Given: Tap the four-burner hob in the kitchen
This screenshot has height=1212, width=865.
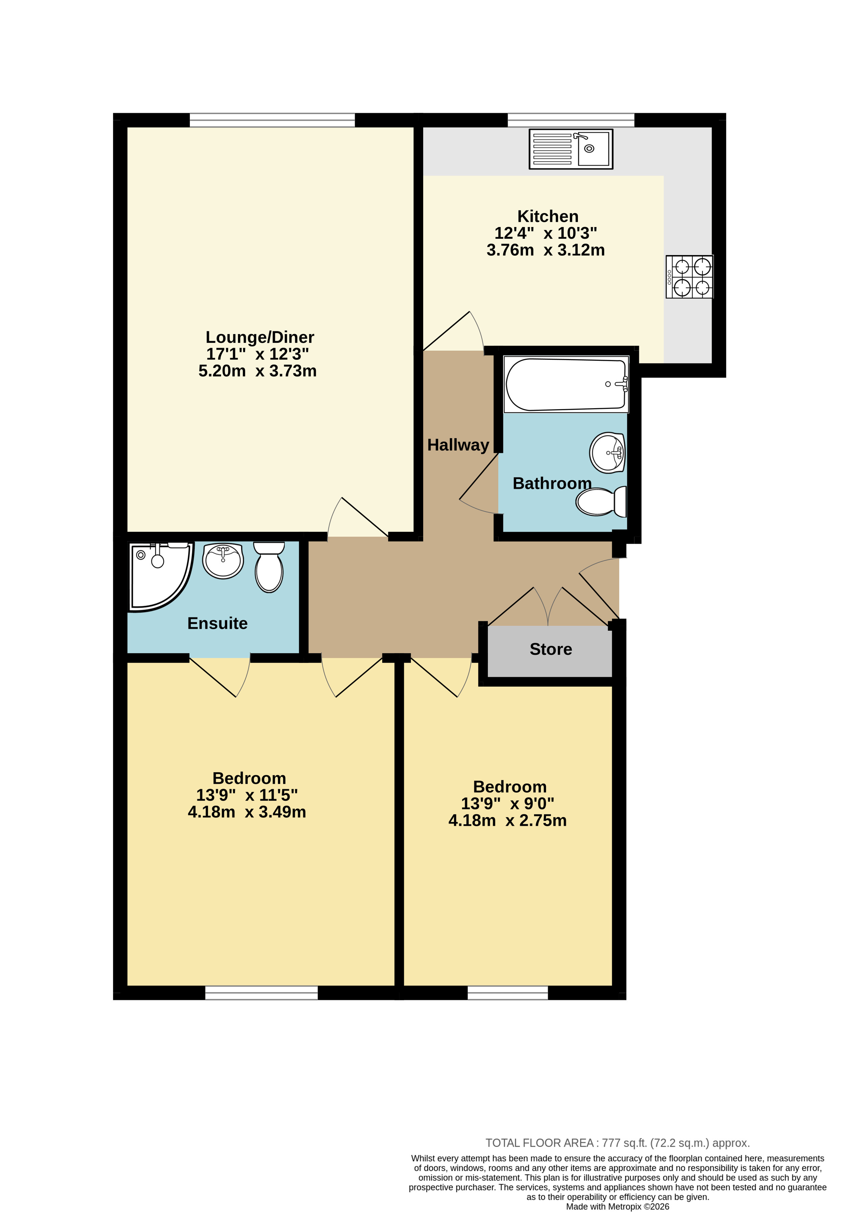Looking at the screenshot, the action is [689, 277].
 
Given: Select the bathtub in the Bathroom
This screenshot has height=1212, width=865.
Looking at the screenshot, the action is [566, 384].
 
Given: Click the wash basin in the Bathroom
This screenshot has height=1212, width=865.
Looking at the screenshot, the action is [608, 453].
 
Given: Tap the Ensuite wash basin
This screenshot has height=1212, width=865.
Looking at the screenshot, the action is [223, 560].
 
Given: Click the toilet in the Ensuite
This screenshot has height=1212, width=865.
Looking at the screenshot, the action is [269, 567].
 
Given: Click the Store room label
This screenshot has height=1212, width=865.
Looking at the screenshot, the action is [551, 649].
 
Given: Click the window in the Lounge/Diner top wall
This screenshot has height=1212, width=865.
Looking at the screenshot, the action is [272, 120].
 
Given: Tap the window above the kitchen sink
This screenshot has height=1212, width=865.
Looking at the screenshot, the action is [571, 120].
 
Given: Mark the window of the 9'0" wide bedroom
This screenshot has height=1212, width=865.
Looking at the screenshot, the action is [507, 992].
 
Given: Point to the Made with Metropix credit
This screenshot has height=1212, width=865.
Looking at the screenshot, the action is [617, 1206].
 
